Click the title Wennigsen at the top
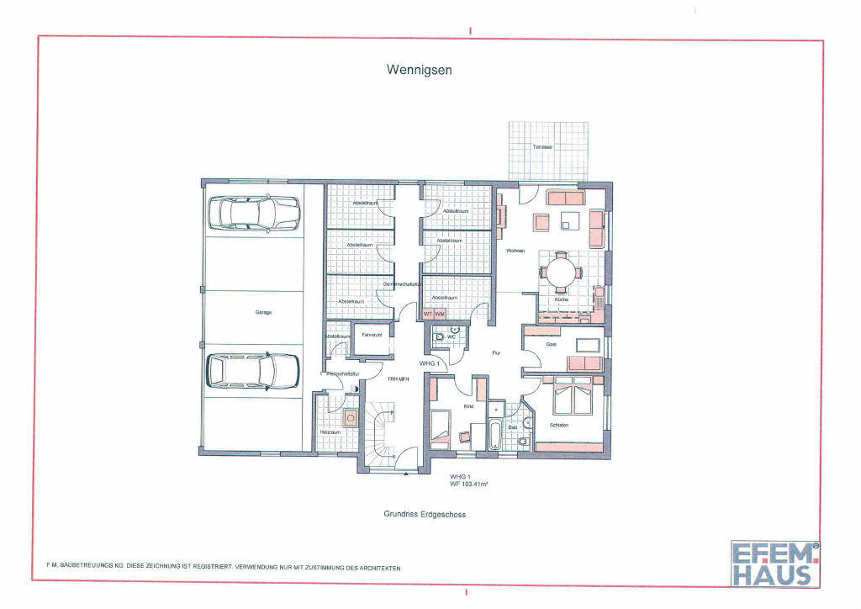coord(419,71)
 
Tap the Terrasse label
coord(542,147)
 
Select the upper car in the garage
coord(254,214)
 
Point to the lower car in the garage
coord(253,369)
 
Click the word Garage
coord(264,312)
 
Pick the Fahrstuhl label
coord(372,335)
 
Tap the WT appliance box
coord(428,314)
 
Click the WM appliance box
coord(440,314)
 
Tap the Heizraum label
coord(329,432)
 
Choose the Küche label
coord(561,299)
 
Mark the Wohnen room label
coord(515,251)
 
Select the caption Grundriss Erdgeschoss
coord(425,514)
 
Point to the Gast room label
coord(552,345)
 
